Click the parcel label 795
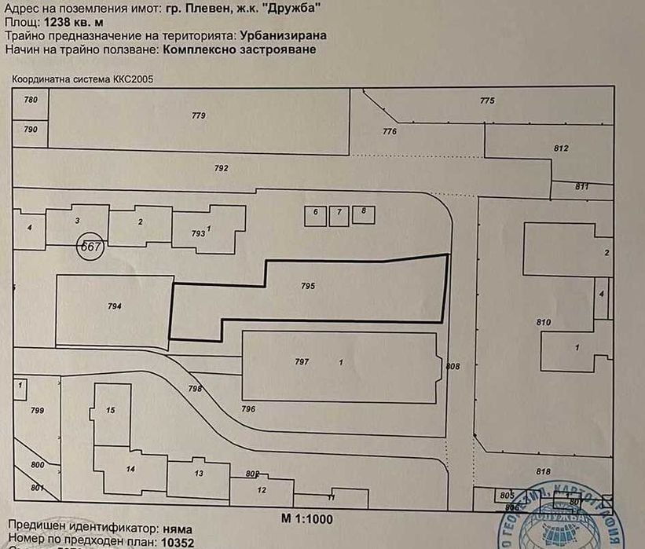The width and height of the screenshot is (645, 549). [307, 287]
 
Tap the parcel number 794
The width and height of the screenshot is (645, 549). [115, 306]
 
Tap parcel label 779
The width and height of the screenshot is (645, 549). [198, 115]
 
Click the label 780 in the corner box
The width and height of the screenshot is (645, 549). [31, 100]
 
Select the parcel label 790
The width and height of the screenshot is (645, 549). [31, 129]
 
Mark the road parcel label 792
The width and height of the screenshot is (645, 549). [221, 168]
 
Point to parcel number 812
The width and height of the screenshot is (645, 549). [560, 148]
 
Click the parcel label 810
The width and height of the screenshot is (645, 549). [544, 323]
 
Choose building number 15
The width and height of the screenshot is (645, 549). [110, 410]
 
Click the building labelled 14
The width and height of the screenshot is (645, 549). [130, 470]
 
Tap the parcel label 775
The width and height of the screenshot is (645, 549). [487, 101]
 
